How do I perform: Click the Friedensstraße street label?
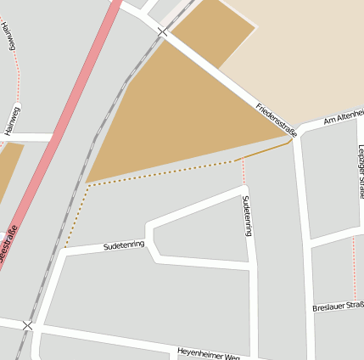click(277, 120)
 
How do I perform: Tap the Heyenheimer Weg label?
click(209, 352)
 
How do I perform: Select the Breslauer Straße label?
click(338, 307)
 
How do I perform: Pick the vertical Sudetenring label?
click(247, 215)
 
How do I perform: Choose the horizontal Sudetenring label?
click(124, 245)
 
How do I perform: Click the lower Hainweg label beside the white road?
click(13, 121)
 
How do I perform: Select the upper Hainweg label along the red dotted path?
click(8, 36)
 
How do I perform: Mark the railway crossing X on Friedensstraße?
click(161, 31)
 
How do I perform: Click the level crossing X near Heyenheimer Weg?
click(28, 325)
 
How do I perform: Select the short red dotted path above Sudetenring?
click(244, 172)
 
